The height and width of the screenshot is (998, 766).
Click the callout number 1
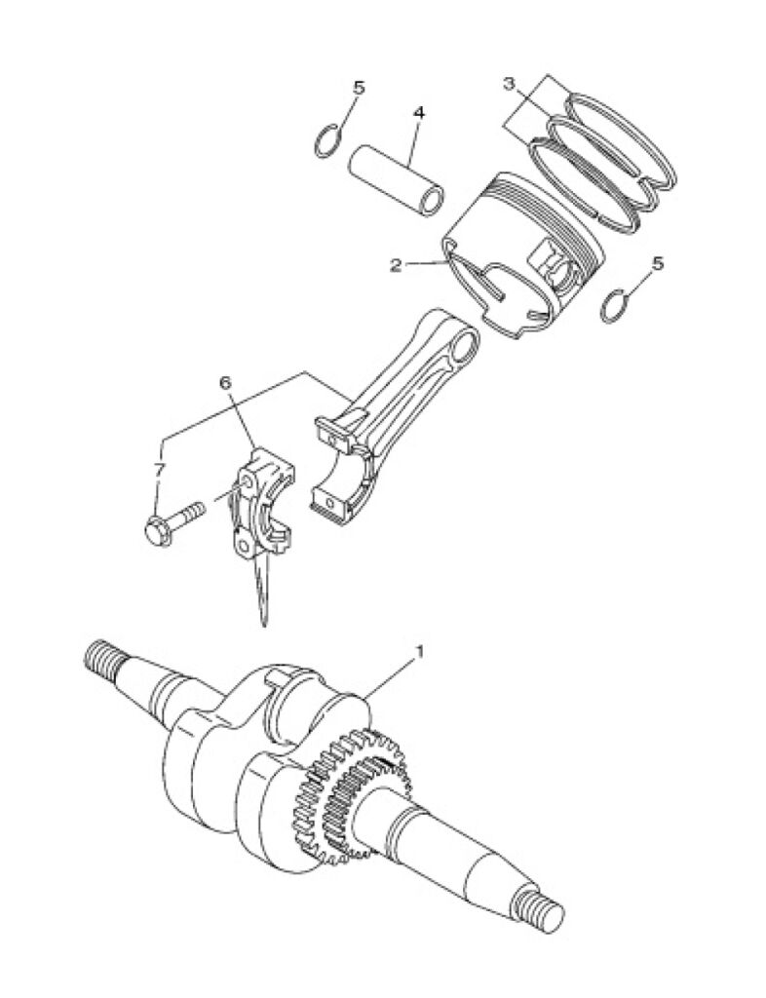point(419,651)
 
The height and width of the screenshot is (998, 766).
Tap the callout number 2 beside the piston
point(396,265)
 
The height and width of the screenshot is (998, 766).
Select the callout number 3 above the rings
point(509,83)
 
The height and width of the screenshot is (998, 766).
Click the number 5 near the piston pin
point(359,88)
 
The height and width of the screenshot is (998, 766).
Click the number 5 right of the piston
point(658,263)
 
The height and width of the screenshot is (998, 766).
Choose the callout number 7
point(159,471)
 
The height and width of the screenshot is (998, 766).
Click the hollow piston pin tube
point(395,177)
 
